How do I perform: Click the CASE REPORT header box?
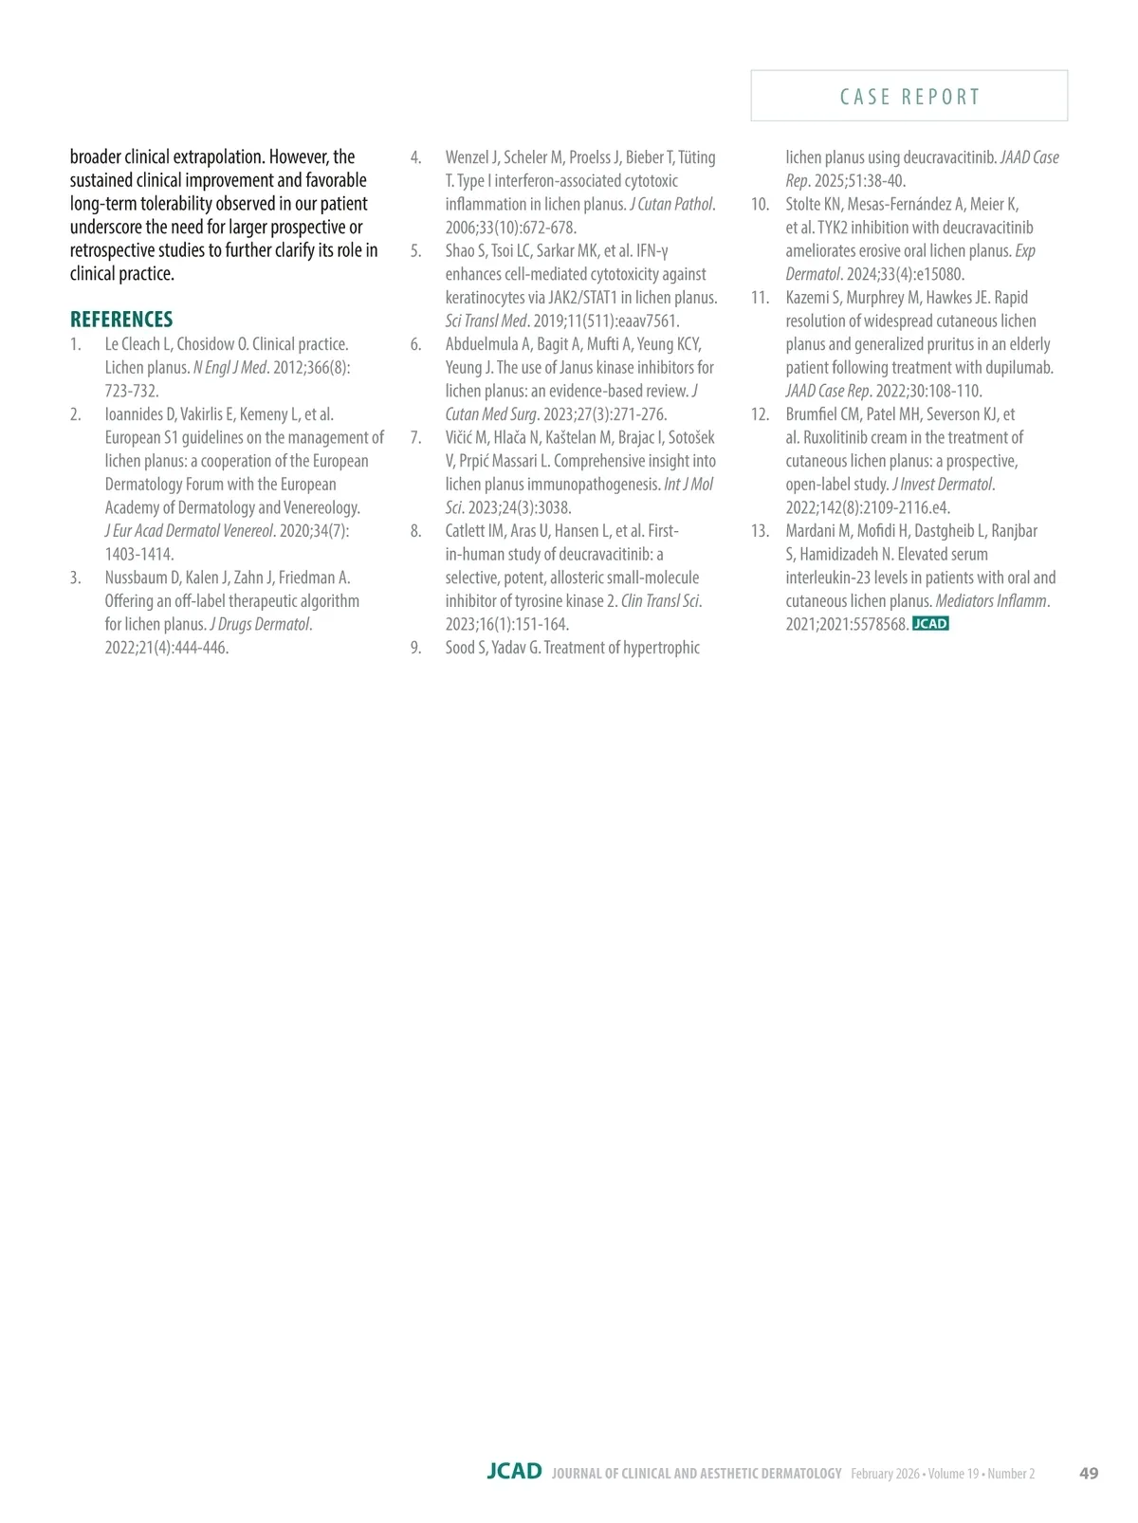[909, 96]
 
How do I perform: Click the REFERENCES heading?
[121, 320]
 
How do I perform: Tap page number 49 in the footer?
[1089, 1473]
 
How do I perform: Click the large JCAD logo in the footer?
[514, 1472]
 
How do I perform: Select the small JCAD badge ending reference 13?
[930, 624]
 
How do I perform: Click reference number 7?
[415, 438]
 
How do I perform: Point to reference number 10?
[760, 205]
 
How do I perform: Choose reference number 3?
[75, 578]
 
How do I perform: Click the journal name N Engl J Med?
[229, 368]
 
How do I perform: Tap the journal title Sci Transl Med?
[486, 321]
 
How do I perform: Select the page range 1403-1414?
[139, 555]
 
